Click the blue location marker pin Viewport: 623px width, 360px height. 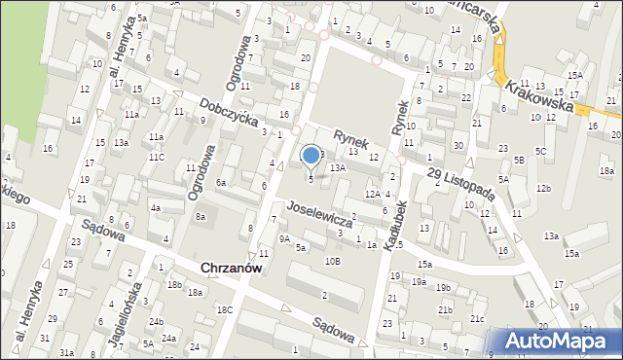pos(311,156)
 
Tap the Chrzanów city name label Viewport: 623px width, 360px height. pos(232,268)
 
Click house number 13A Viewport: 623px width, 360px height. pos(338,168)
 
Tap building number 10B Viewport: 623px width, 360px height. pos(333,261)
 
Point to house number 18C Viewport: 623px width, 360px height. pos(225,309)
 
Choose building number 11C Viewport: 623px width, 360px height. pos(156,157)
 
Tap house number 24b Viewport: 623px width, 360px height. pos(155,321)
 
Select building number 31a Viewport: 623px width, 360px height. pos(66,353)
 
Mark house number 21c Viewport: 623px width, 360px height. pos(477,319)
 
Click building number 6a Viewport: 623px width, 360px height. pos(222,182)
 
